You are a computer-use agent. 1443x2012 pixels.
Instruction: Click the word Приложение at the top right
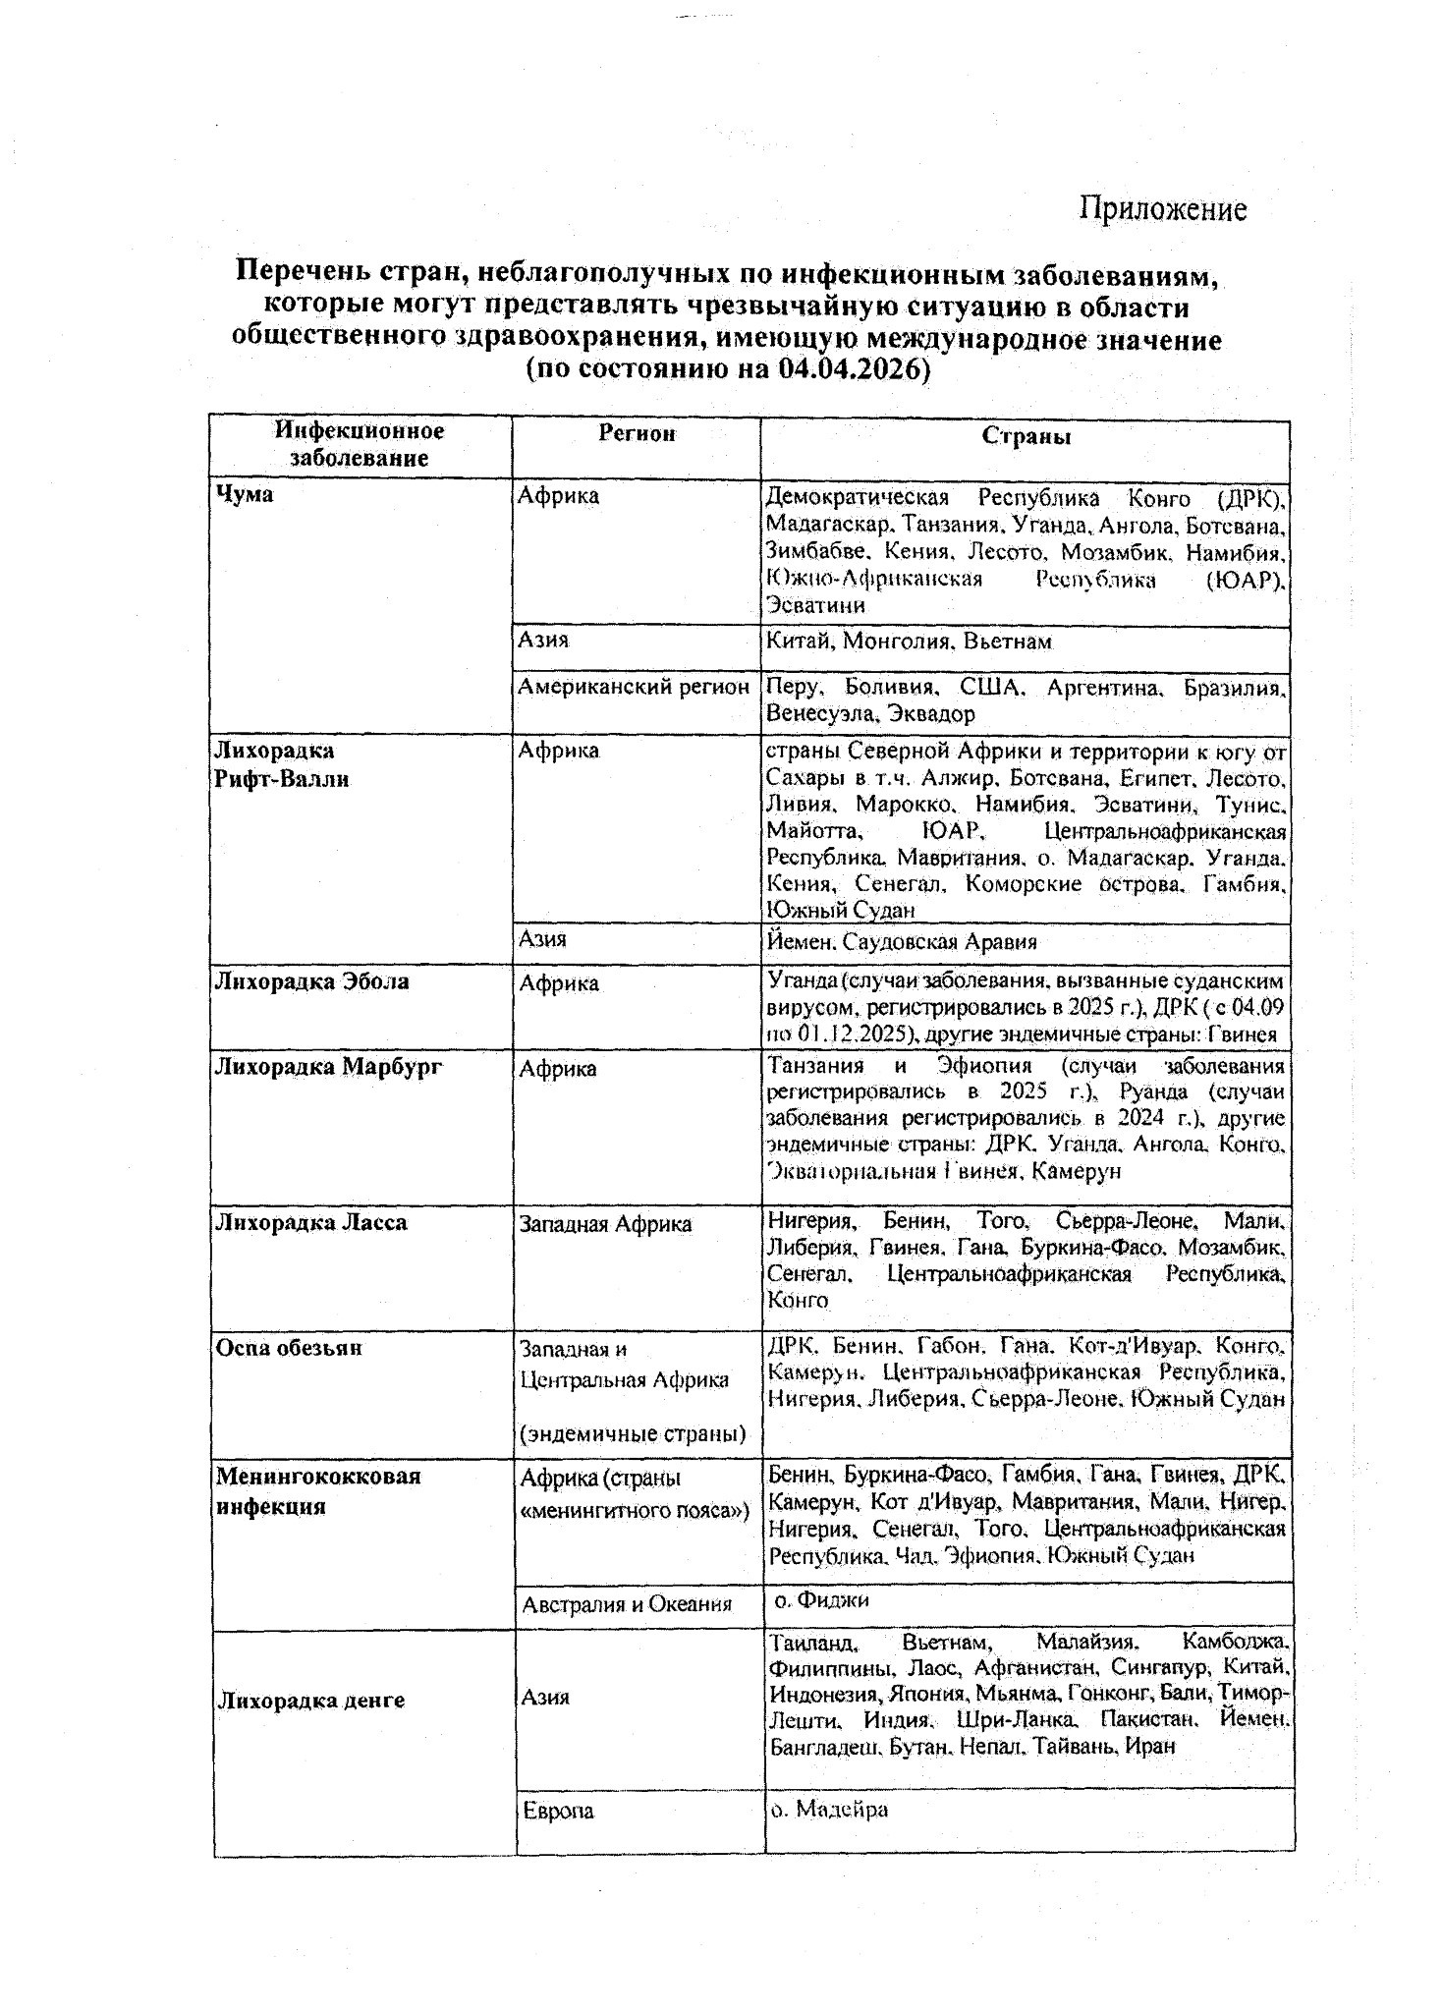1163,208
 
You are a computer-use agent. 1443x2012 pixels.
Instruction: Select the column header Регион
638,434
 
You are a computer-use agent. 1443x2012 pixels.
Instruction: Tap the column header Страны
1027,436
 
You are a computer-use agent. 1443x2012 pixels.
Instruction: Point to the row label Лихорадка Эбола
311,981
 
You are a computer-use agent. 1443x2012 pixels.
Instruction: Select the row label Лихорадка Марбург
328,1067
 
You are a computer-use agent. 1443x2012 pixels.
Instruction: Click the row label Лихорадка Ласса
310,1223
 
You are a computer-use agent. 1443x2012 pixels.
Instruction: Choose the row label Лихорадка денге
310,1701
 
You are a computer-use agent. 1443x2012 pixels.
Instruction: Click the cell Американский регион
634,687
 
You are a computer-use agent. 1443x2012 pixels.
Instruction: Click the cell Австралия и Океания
627,1604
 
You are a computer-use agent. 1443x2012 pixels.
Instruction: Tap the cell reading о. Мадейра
829,1809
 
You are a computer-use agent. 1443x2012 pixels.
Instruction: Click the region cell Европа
557,1811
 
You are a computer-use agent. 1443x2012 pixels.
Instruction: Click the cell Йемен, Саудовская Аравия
902,942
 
